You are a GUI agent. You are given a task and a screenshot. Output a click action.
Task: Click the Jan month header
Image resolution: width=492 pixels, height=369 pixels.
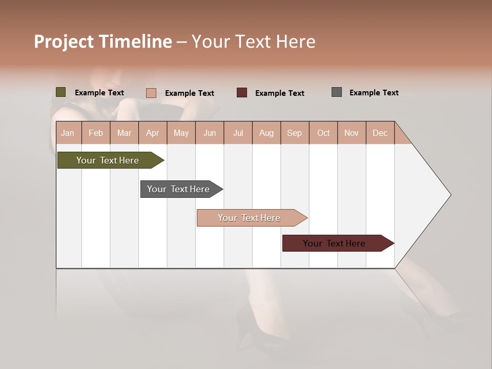[68, 133]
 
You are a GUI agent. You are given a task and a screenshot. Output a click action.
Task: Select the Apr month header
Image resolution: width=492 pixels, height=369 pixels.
[152, 133]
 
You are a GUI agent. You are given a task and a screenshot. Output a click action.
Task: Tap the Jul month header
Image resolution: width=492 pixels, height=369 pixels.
[238, 133]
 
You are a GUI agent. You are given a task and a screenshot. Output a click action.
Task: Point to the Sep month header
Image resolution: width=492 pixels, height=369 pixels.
[294, 133]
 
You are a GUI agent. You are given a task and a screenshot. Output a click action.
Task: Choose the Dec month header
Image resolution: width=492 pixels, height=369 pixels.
[380, 133]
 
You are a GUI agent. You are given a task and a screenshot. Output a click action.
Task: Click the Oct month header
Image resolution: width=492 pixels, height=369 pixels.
[323, 133]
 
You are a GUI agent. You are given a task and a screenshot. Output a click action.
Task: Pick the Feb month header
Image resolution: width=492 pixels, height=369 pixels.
[96, 133]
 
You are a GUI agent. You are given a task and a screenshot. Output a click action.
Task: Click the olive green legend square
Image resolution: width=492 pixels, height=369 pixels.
[60, 92]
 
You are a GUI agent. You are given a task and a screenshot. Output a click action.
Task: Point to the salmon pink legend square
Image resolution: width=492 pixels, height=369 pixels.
[151, 93]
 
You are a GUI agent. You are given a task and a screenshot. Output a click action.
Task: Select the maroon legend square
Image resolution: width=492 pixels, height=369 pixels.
[241, 93]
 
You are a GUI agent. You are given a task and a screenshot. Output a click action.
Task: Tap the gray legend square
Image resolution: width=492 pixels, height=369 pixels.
[336, 92]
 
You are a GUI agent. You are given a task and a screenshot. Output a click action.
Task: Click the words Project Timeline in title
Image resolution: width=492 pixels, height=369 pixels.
[103, 42]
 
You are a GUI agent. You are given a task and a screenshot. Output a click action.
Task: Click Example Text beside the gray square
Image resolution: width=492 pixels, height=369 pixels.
[374, 93]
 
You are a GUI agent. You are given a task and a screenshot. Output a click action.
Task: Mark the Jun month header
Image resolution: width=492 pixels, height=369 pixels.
[209, 133]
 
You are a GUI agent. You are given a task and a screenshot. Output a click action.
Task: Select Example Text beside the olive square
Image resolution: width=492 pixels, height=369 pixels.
[99, 93]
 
